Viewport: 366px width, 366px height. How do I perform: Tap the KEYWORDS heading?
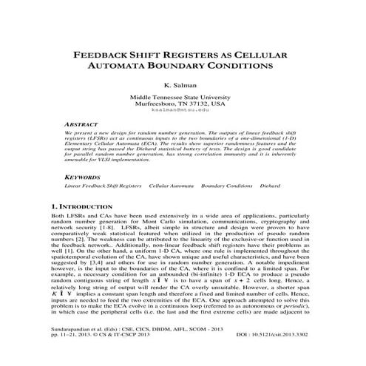(x=83, y=178)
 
